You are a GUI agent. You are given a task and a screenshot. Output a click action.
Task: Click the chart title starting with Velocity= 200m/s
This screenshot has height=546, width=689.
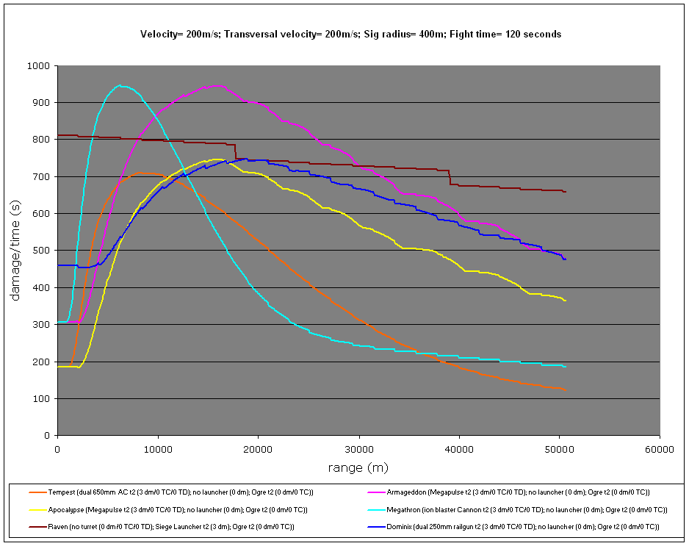click(x=351, y=34)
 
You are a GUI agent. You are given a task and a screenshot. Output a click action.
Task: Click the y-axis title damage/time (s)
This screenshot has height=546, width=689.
click(x=15, y=251)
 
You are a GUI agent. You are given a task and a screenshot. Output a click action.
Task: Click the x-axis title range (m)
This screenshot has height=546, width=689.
click(x=358, y=467)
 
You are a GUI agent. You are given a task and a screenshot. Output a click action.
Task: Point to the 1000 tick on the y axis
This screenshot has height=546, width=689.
click(x=37, y=66)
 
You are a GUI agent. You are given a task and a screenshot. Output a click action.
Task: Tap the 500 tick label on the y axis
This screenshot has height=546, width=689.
click(x=40, y=251)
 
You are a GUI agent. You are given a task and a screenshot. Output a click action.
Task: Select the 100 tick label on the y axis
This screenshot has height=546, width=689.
click(x=40, y=398)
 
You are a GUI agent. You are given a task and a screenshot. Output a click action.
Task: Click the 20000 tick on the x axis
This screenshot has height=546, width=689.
click(x=258, y=448)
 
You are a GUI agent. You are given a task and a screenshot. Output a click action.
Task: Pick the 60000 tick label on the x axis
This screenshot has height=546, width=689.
click(x=659, y=448)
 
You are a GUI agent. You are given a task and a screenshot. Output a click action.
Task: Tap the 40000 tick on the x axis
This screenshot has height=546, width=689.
click(x=458, y=448)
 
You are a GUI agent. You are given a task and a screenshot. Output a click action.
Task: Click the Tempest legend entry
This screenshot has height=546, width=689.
click(x=176, y=492)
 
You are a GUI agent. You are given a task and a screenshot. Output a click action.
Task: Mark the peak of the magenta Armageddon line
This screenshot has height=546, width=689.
click(x=217, y=85)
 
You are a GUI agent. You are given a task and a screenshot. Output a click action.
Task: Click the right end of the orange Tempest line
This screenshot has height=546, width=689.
click(x=565, y=389)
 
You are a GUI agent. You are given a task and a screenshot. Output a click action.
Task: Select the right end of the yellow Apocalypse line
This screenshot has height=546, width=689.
click(x=565, y=301)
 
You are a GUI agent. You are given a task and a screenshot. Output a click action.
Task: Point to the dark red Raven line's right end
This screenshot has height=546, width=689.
click(x=565, y=192)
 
